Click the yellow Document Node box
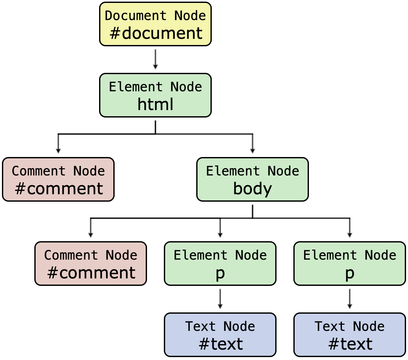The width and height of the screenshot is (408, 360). pyautogui.click(x=155, y=24)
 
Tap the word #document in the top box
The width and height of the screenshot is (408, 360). pyautogui.click(x=156, y=33)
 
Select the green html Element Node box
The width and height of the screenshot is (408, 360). pyautogui.click(x=155, y=95)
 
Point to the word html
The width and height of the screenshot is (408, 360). pyautogui.click(x=155, y=105)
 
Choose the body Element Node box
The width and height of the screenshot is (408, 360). pyautogui.click(x=253, y=179)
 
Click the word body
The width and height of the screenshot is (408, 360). pyautogui.click(x=253, y=189)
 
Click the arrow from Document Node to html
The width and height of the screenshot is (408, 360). pyautogui.click(x=155, y=59)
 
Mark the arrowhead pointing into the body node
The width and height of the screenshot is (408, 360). pyautogui.click(x=253, y=150)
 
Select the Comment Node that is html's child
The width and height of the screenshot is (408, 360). pyautogui.click(x=58, y=179)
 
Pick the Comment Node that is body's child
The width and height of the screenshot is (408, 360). pyautogui.click(x=91, y=264)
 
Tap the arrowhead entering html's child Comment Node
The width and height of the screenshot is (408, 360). pyautogui.click(x=58, y=150)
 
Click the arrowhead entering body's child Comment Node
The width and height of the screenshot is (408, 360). pyautogui.click(x=91, y=234)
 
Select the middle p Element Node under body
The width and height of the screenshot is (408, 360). pyautogui.click(x=220, y=264)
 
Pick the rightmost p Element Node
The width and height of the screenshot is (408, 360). pyautogui.click(x=350, y=264)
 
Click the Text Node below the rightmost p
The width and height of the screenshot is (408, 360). pyautogui.click(x=350, y=335)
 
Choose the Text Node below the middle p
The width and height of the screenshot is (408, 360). pyautogui.click(x=220, y=335)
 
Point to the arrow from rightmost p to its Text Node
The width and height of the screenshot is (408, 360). pyautogui.click(x=350, y=299)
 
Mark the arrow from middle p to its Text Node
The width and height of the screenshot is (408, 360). pyautogui.click(x=220, y=299)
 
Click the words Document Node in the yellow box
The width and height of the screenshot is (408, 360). pyautogui.click(x=155, y=16)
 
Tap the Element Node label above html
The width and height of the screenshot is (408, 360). pyautogui.click(x=155, y=87)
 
